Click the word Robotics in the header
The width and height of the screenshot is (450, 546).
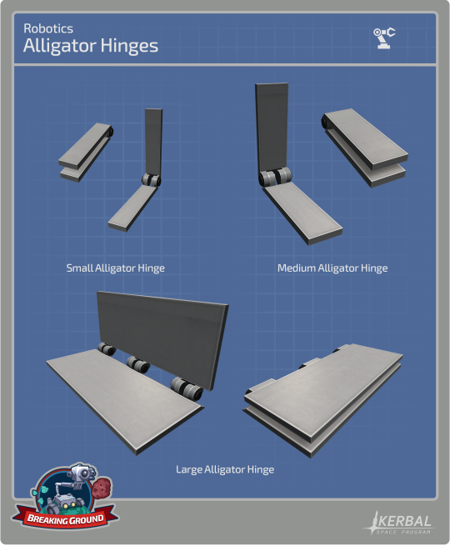(48, 28)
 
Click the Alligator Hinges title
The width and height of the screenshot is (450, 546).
(91, 46)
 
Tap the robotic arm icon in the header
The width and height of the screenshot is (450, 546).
(384, 38)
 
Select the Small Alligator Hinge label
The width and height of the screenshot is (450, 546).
(116, 268)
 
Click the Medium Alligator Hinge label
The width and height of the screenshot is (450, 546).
(332, 268)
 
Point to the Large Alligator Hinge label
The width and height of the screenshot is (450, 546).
(225, 469)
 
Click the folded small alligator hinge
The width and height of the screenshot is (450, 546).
(85, 152)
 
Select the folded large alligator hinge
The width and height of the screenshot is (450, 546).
(323, 400)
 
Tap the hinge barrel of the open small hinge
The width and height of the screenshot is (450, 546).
(152, 180)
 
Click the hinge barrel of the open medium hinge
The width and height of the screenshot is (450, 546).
(275, 177)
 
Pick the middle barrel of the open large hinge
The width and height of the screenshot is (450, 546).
(138, 364)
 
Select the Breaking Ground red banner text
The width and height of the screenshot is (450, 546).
(66, 519)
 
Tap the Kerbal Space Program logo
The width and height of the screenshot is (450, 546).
(397, 523)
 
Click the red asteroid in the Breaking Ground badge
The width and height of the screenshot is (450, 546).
(102, 488)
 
